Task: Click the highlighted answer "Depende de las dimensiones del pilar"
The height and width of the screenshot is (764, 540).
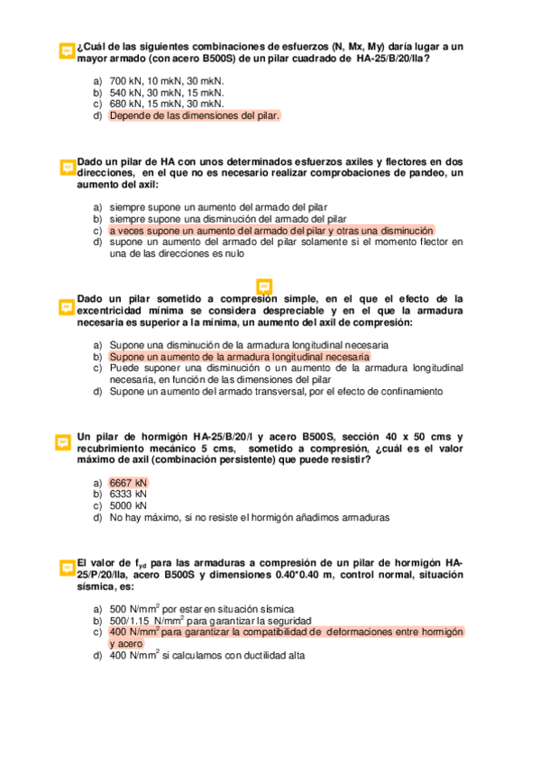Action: (x=194, y=115)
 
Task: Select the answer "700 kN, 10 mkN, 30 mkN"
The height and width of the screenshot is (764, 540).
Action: (x=166, y=80)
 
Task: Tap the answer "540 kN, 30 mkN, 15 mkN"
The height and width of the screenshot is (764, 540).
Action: (x=166, y=92)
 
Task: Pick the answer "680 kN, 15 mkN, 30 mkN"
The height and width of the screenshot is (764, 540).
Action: (x=166, y=104)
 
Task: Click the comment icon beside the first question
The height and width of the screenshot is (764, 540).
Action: (x=66, y=51)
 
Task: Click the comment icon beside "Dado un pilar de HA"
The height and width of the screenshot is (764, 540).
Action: (x=66, y=167)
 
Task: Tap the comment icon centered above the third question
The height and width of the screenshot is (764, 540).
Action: (x=265, y=286)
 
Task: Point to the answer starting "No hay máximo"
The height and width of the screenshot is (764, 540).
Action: (x=249, y=518)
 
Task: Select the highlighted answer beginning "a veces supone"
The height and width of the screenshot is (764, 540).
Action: (x=270, y=230)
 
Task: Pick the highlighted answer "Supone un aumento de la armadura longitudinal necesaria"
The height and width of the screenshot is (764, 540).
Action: (x=239, y=357)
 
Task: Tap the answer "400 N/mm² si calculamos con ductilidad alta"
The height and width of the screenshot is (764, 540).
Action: (x=206, y=656)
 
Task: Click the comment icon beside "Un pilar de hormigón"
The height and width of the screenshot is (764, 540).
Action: (x=63, y=442)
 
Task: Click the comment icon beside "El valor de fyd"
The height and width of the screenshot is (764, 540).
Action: (x=66, y=568)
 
